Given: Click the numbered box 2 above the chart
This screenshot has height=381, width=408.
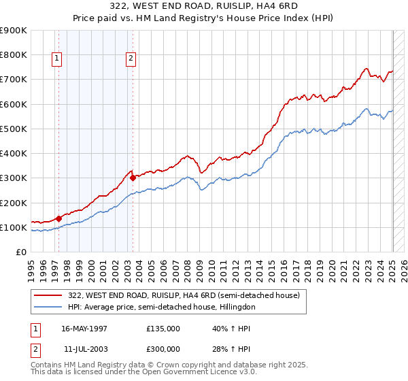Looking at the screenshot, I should coord(130,59).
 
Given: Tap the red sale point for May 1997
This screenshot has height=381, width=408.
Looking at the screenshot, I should coord(58,218).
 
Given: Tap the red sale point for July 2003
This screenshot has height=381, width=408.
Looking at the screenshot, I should coord(133,178).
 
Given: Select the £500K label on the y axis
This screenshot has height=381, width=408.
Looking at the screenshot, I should coord(14,129).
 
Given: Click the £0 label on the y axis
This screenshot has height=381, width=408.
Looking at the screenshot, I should coord(20,252).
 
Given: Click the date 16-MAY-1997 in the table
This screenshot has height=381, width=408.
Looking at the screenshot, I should coord(84,328).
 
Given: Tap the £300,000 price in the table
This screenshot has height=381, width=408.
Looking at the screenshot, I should coord(163,348).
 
